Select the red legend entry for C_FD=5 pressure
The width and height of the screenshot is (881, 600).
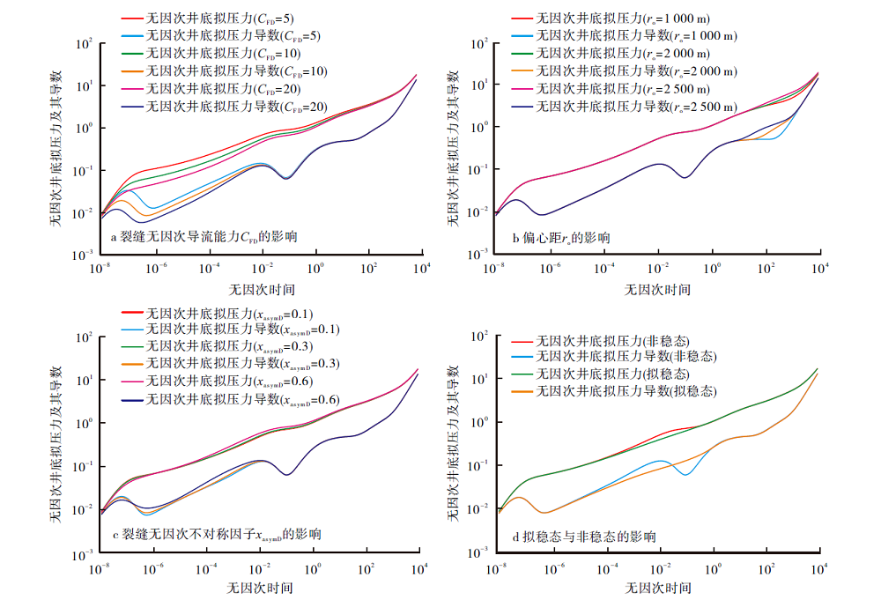pos(220,18)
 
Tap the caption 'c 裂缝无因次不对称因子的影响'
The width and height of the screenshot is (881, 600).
pos(216,534)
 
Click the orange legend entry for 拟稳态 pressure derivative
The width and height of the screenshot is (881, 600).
pos(626,390)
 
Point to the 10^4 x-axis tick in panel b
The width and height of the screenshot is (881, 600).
pos(818,268)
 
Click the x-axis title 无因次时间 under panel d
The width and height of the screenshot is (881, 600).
pos(657,587)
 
